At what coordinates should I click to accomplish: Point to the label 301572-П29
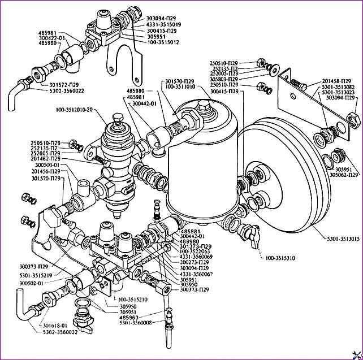[63, 84]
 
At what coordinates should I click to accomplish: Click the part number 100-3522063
[197, 251]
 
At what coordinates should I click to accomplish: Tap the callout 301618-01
[54, 326]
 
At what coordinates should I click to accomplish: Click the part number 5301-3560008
[137, 322]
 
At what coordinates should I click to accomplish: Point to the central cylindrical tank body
[201, 164]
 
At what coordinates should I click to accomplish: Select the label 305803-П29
[224, 80]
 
